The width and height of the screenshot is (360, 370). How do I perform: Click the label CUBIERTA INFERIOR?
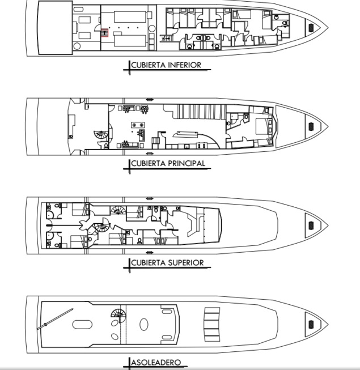(x=166, y=65)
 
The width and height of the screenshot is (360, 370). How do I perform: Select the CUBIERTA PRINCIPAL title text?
(x=168, y=164)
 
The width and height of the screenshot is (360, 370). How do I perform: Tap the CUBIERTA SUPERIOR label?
(x=167, y=263)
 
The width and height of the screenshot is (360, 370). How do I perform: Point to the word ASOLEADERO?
(x=156, y=362)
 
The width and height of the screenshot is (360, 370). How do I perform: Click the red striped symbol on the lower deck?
(x=105, y=33)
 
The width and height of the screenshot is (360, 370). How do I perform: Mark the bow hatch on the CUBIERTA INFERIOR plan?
(x=310, y=27)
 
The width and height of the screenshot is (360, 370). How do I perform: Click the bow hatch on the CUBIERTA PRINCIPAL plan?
(x=310, y=126)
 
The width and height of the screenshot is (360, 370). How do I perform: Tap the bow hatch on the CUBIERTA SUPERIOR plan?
(x=310, y=226)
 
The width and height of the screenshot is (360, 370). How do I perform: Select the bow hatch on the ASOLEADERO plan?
(x=310, y=324)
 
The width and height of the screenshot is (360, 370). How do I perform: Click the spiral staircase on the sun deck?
(x=118, y=313)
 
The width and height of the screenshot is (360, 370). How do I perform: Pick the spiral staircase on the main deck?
(x=101, y=136)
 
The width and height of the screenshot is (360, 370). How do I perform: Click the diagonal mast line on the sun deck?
(x=56, y=319)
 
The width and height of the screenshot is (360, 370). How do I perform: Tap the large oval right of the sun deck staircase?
(x=144, y=325)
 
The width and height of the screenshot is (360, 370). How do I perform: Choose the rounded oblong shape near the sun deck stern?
(x=83, y=325)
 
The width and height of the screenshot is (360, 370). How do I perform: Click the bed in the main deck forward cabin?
(x=262, y=125)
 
